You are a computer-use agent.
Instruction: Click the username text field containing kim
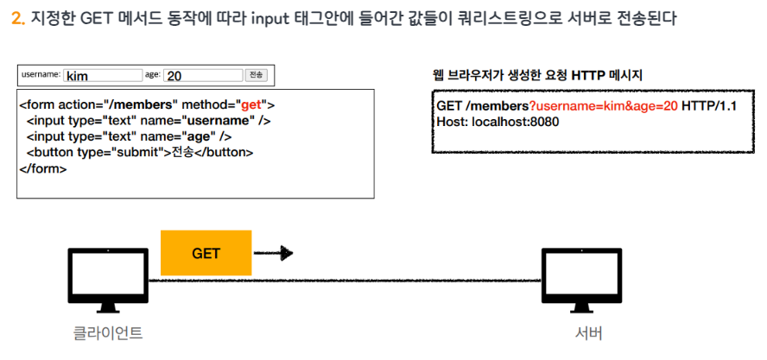102,76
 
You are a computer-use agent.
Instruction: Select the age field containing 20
201,76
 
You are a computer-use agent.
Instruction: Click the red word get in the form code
250,104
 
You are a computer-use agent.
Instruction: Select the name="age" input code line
129,136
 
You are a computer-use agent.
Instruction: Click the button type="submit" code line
139,153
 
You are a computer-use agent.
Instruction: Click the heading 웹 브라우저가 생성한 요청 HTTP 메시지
536,75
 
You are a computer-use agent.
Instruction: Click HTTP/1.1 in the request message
711,105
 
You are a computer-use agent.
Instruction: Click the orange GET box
206,253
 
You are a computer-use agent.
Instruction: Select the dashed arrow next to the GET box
274,253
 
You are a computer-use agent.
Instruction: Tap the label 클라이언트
107,333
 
